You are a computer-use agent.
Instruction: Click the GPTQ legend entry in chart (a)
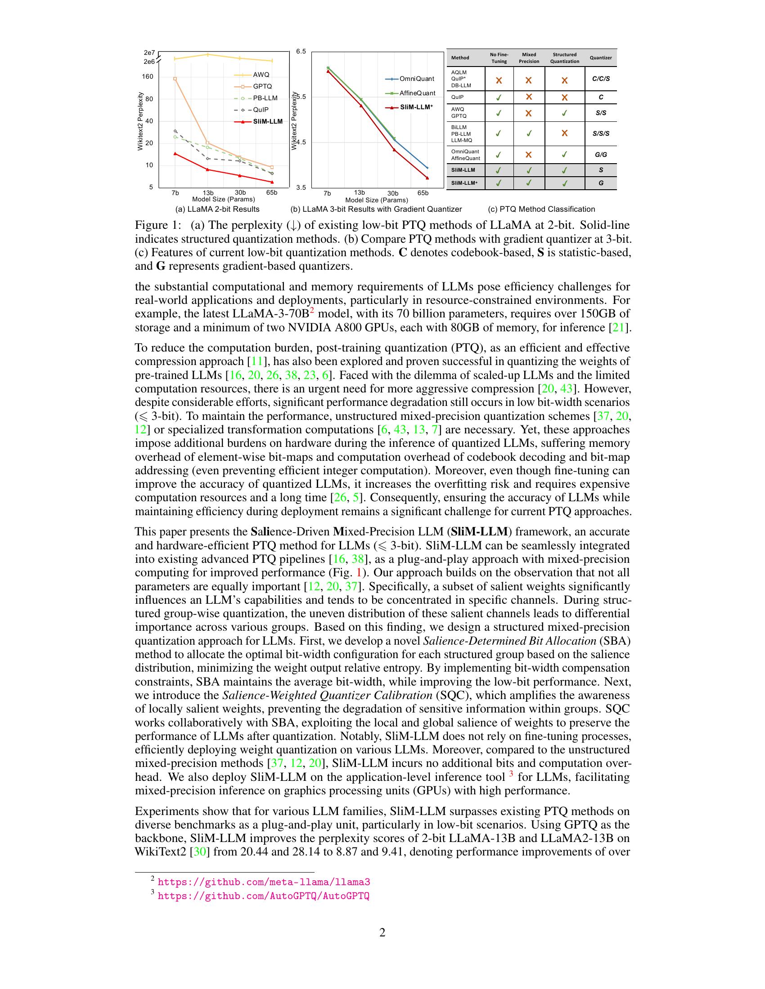click(262, 86)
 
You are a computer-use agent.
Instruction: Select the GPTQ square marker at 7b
click(175, 79)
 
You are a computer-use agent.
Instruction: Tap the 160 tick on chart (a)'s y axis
click(147, 76)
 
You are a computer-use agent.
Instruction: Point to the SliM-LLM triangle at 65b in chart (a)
click(272, 182)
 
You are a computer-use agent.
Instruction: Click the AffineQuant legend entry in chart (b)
click(417, 94)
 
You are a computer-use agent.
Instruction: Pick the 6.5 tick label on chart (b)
click(301, 52)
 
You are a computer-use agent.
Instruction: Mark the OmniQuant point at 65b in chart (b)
click(427, 168)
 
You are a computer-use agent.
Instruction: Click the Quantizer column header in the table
click(600, 58)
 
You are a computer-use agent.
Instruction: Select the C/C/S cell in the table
click(600, 79)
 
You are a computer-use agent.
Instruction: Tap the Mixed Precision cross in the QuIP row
click(528, 97)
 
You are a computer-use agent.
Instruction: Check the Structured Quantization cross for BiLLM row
click(564, 133)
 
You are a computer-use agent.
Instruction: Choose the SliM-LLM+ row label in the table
click(464, 183)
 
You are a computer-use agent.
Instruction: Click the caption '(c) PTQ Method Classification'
click(541, 209)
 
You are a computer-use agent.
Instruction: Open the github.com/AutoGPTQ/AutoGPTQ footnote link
click(263, 896)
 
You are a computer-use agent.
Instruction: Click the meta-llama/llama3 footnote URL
click(264, 882)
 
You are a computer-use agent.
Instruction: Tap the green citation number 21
click(618, 327)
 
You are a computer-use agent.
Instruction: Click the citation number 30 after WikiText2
click(200, 852)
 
